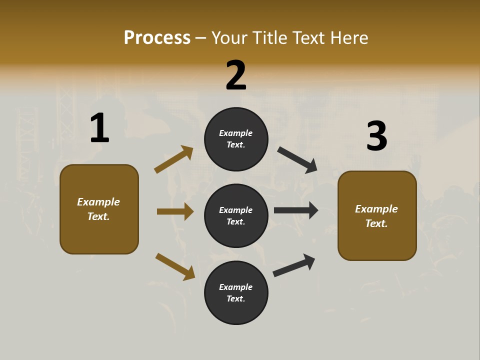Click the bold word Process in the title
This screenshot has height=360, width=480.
(157, 38)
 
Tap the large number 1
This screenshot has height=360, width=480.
(99, 128)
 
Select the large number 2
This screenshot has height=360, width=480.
(236, 75)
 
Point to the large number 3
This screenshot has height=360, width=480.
(377, 136)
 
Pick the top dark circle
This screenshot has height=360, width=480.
(236, 139)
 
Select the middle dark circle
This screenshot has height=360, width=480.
(236, 216)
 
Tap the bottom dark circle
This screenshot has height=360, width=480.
(236, 293)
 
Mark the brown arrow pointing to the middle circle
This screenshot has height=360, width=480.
(175, 211)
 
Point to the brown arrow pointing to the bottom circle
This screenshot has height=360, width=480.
(175, 266)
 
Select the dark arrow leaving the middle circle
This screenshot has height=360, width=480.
(296, 210)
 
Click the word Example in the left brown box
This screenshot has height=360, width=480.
(98, 202)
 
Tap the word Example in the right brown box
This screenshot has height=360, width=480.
(376, 209)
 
